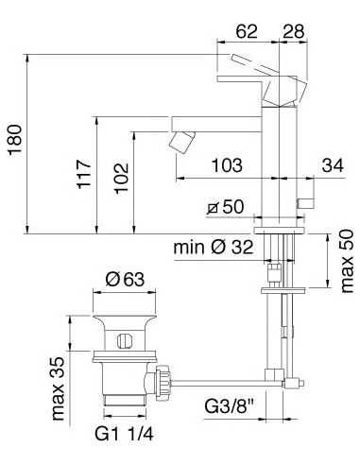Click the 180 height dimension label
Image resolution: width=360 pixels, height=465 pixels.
click(x=15, y=140)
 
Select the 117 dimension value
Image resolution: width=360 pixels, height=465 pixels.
click(x=84, y=174)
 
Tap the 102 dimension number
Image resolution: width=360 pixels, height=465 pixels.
click(x=121, y=178)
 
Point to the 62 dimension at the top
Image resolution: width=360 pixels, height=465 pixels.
click(x=247, y=31)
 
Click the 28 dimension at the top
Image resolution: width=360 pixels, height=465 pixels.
click(x=294, y=31)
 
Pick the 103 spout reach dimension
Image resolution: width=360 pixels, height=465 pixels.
click(x=227, y=165)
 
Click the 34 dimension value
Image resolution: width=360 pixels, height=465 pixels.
click(x=333, y=165)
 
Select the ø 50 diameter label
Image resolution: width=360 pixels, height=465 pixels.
click(x=226, y=207)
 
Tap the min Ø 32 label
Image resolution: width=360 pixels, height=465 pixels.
click(x=214, y=248)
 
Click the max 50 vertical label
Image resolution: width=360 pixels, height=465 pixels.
click(x=348, y=261)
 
